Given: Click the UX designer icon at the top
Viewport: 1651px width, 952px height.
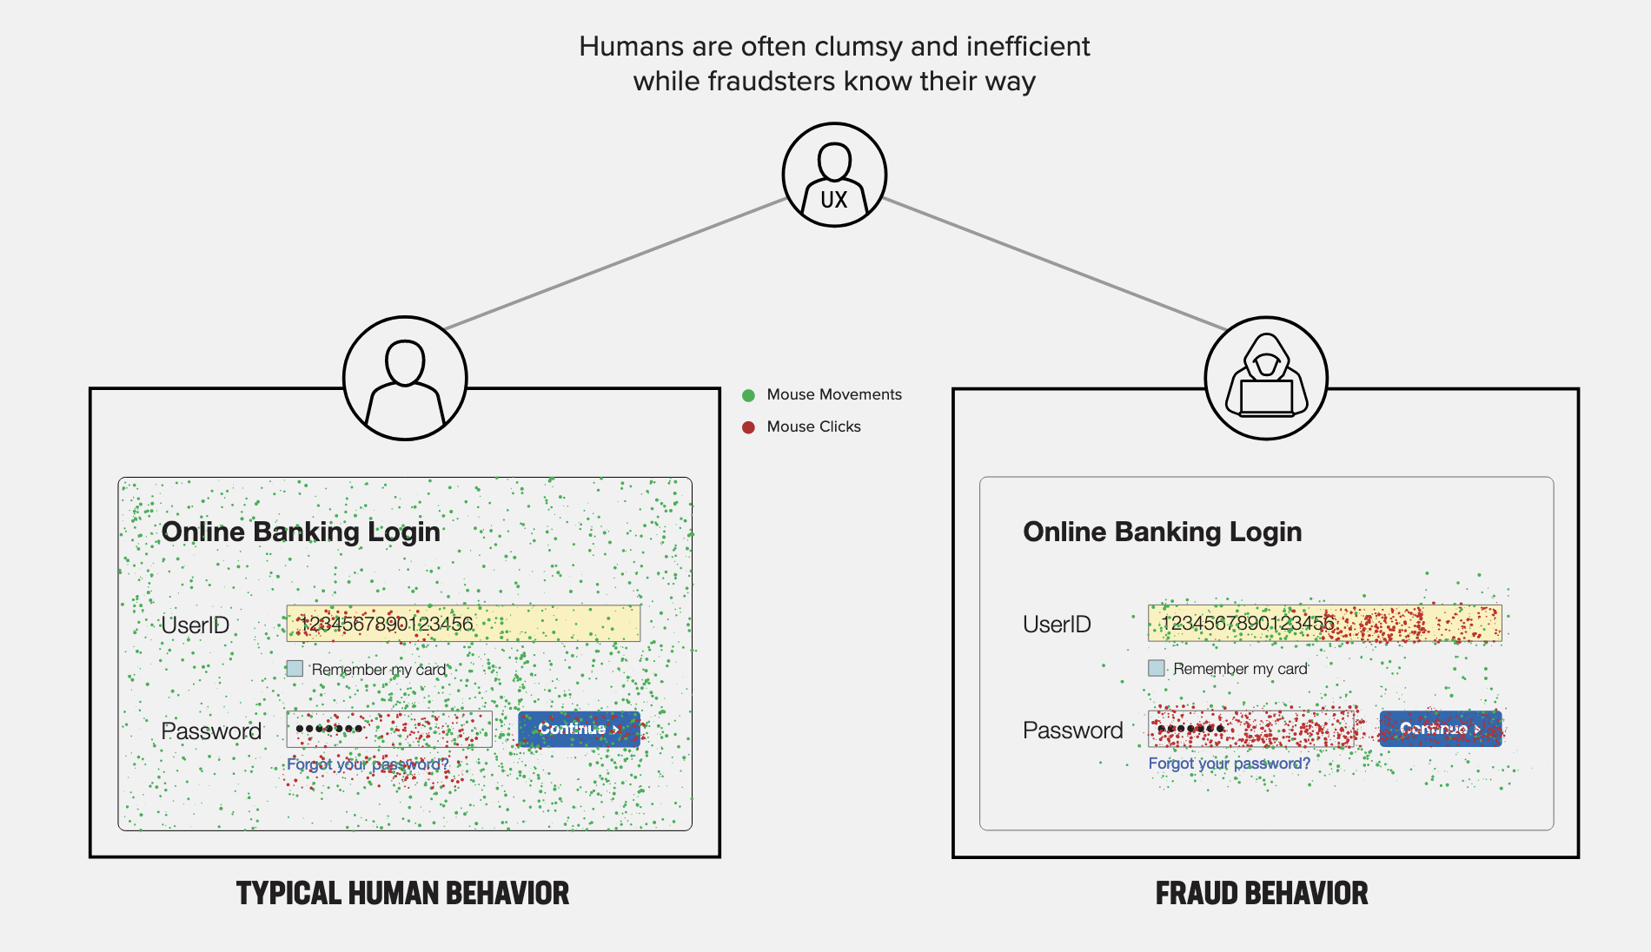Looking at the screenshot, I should tap(834, 175).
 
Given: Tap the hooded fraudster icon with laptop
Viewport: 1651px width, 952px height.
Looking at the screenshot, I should tap(1266, 378).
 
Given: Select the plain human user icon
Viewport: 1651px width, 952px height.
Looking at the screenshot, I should tap(405, 378).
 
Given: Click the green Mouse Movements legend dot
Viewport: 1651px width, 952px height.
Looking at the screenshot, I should tap(748, 395).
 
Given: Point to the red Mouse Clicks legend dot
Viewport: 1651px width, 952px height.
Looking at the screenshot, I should tap(748, 427).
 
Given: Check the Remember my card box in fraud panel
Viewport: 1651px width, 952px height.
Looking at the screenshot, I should tap(1157, 668).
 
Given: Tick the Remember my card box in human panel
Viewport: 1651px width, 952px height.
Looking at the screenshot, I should tap(295, 669).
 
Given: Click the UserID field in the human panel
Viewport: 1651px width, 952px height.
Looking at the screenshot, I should tap(463, 624).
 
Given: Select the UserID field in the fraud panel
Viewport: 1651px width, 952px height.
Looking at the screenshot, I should tap(1324, 623).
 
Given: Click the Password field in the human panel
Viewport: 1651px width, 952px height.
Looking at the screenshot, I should tap(389, 730).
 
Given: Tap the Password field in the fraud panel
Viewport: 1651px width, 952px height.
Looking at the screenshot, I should tap(1251, 729).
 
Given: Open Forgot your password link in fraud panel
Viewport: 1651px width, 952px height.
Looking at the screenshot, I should tap(1229, 764).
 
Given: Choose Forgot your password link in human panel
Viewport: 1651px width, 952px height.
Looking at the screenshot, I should tap(368, 764).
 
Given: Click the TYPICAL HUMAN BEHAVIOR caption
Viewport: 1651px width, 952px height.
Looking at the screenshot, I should tap(402, 893).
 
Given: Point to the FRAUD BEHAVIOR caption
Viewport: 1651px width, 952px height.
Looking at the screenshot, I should tap(1261, 893).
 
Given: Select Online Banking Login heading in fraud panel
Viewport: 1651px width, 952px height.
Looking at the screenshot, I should tap(1162, 532).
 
